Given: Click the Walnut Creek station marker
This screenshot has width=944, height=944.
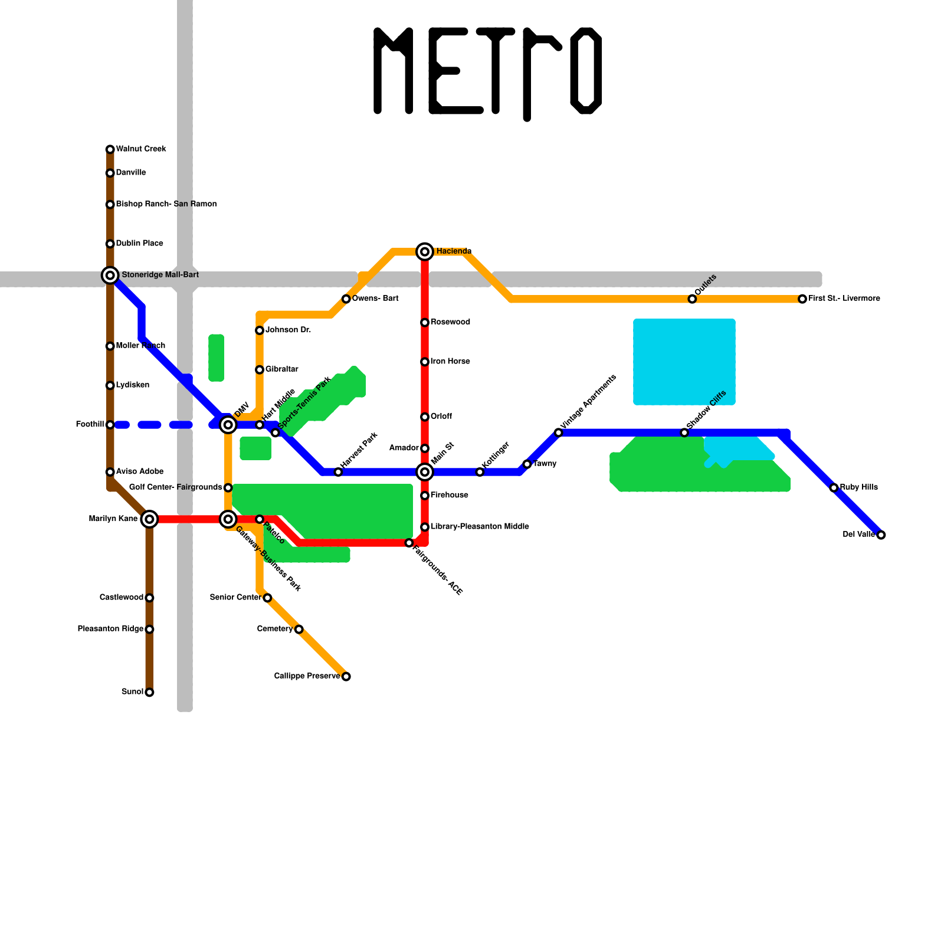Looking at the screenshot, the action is pyautogui.click(x=110, y=149).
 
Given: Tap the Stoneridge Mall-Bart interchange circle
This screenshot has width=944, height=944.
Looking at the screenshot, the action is pyautogui.click(x=110, y=275).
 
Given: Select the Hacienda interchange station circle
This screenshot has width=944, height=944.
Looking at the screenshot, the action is pyautogui.click(x=425, y=252).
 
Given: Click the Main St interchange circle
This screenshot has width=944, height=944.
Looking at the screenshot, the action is pyautogui.click(x=425, y=472).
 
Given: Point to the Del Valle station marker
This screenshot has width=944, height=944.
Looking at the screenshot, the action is pyautogui.click(x=881, y=535).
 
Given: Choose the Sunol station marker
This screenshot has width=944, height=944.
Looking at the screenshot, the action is pyautogui.click(x=149, y=692).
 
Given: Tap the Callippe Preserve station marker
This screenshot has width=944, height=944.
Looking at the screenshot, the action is pyautogui.click(x=346, y=676).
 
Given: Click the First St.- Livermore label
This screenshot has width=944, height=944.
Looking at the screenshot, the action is pyautogui.click(x=844, y=299).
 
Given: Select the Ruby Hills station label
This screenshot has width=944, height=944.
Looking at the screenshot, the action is pyautogui.click(x=858, y=487).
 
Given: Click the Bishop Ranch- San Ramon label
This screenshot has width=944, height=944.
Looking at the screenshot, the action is pyautogui.click(x=166, y=204).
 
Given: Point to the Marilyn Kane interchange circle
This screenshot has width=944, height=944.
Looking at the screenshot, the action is pyautogui.click(x=150, y=519).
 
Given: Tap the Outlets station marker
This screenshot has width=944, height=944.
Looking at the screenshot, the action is pyautogui.click(x=692, y=299).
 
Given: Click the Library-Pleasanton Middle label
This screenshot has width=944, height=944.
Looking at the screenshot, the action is pyautogui.click(x=479, y=526).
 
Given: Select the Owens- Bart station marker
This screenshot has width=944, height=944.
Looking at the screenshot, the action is pyautogui.click(x=346, y=299).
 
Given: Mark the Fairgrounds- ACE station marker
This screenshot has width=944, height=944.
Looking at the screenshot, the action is pyautogui.click(x=409, y=543).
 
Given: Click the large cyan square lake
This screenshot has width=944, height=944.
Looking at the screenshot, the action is pyautogui.click(x=684, y=362).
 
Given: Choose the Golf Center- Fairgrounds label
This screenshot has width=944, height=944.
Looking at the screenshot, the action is pyautogui.click(x=175, y=487).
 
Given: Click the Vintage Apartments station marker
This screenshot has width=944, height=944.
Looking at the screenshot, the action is pyautogui.click(x=559, y=432).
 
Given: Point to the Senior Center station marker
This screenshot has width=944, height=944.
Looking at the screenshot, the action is pyautogui.click(x=267, y=598).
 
